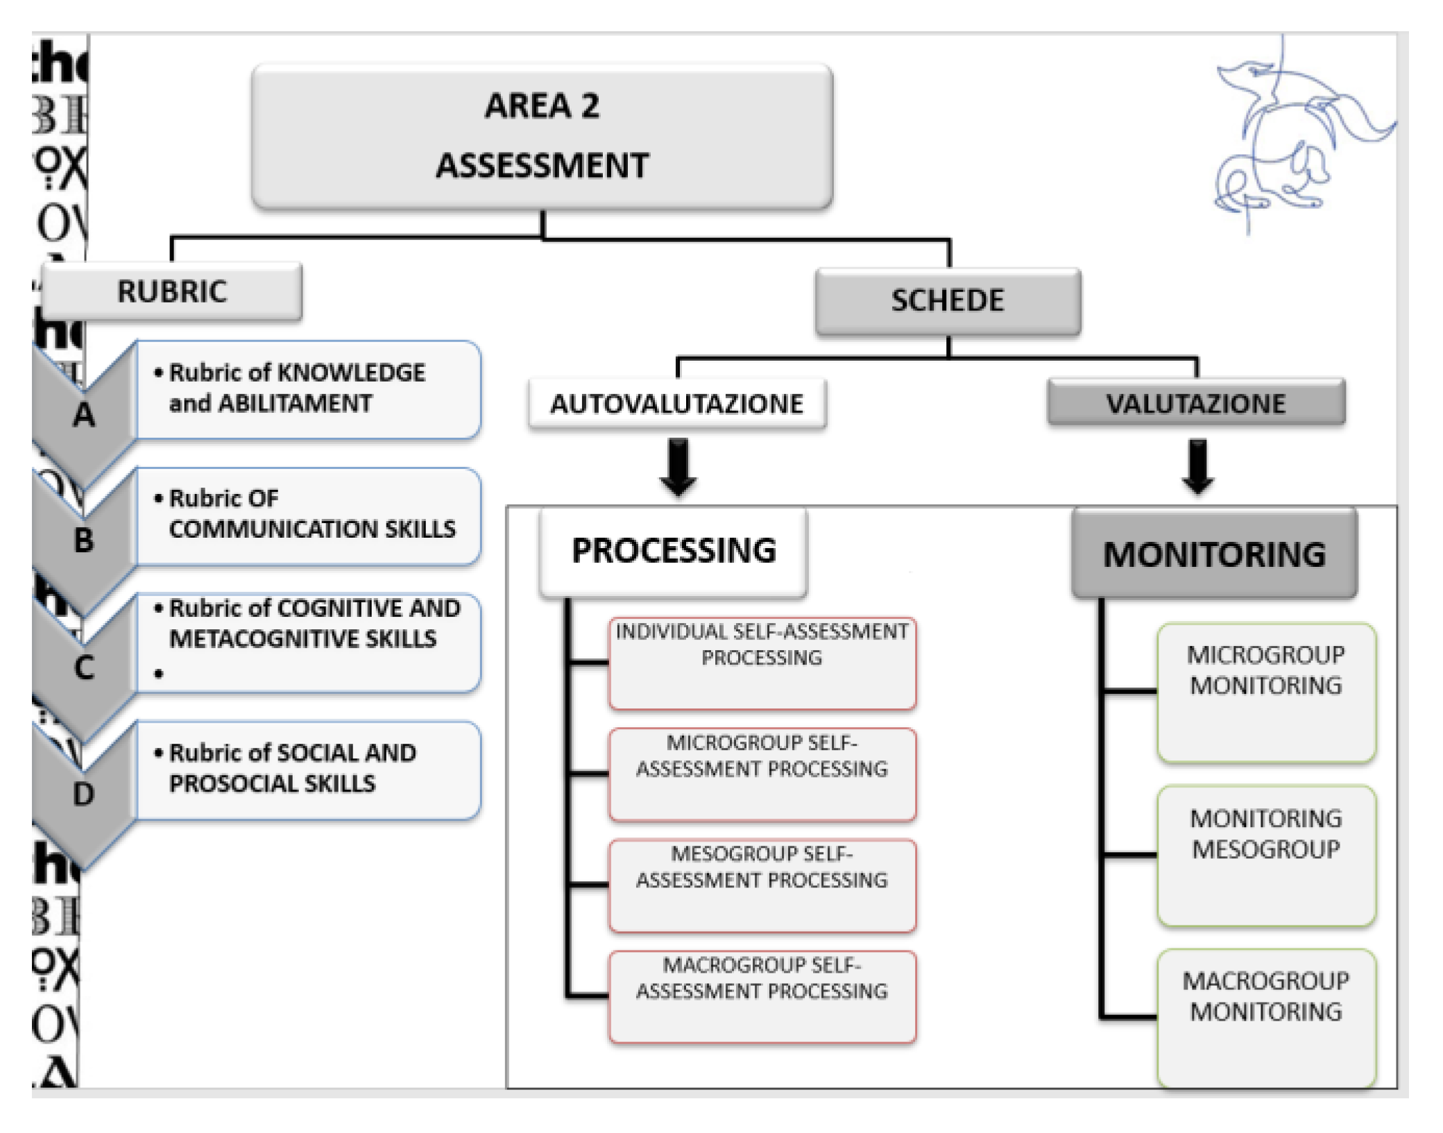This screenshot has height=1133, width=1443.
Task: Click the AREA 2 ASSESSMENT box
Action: [542, 136]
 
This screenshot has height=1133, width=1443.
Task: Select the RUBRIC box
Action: [171, 291]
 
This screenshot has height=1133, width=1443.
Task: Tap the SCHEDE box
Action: [948, 301]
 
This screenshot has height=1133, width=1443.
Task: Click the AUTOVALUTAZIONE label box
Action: [676, 404]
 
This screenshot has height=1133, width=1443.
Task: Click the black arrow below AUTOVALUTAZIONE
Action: [678, 466]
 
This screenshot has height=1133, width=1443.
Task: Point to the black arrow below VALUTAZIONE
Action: [1197, 466]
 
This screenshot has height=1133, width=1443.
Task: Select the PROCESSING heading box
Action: [673, 552]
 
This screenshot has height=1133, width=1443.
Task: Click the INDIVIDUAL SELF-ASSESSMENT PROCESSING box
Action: [762, 663]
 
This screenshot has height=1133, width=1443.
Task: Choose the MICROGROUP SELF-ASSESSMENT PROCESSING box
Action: [762, 774]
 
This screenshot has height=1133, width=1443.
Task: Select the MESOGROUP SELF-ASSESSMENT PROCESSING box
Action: [762, 885]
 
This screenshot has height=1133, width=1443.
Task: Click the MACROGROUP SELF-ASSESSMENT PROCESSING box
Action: [762, 996]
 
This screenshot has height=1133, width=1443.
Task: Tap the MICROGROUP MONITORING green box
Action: [1266, 692]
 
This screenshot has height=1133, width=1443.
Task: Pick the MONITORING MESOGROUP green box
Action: [1266, 855]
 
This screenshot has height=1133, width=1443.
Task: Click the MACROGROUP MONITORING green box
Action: [1266, 1017]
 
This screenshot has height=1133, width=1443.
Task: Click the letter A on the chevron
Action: [84, 415]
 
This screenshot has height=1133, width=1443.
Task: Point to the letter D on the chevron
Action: [83, 794]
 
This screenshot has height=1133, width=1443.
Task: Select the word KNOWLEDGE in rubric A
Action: [351, 373]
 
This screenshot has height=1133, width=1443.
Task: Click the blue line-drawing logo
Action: [1290, 139]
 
